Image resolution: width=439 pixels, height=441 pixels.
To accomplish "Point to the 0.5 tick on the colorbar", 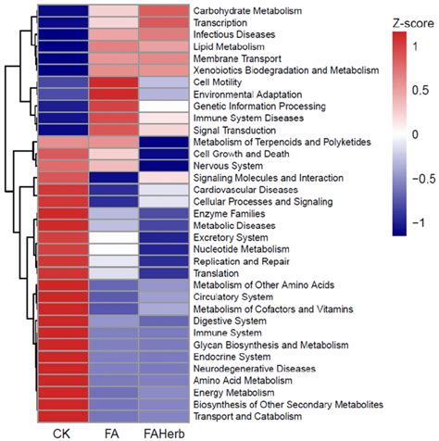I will pos(420,90).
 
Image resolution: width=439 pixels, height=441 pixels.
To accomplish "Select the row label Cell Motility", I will pos(218,82).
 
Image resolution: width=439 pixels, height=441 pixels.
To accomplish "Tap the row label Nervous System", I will pos(226,165).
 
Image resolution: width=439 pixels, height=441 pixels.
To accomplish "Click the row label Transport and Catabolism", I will pos(246,416).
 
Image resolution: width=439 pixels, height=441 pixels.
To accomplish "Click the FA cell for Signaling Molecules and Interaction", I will pos(113,177).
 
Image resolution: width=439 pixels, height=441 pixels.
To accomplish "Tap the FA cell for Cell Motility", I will pos(113,82).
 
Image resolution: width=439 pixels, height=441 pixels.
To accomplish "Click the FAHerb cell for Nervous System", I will pos(164,165).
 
